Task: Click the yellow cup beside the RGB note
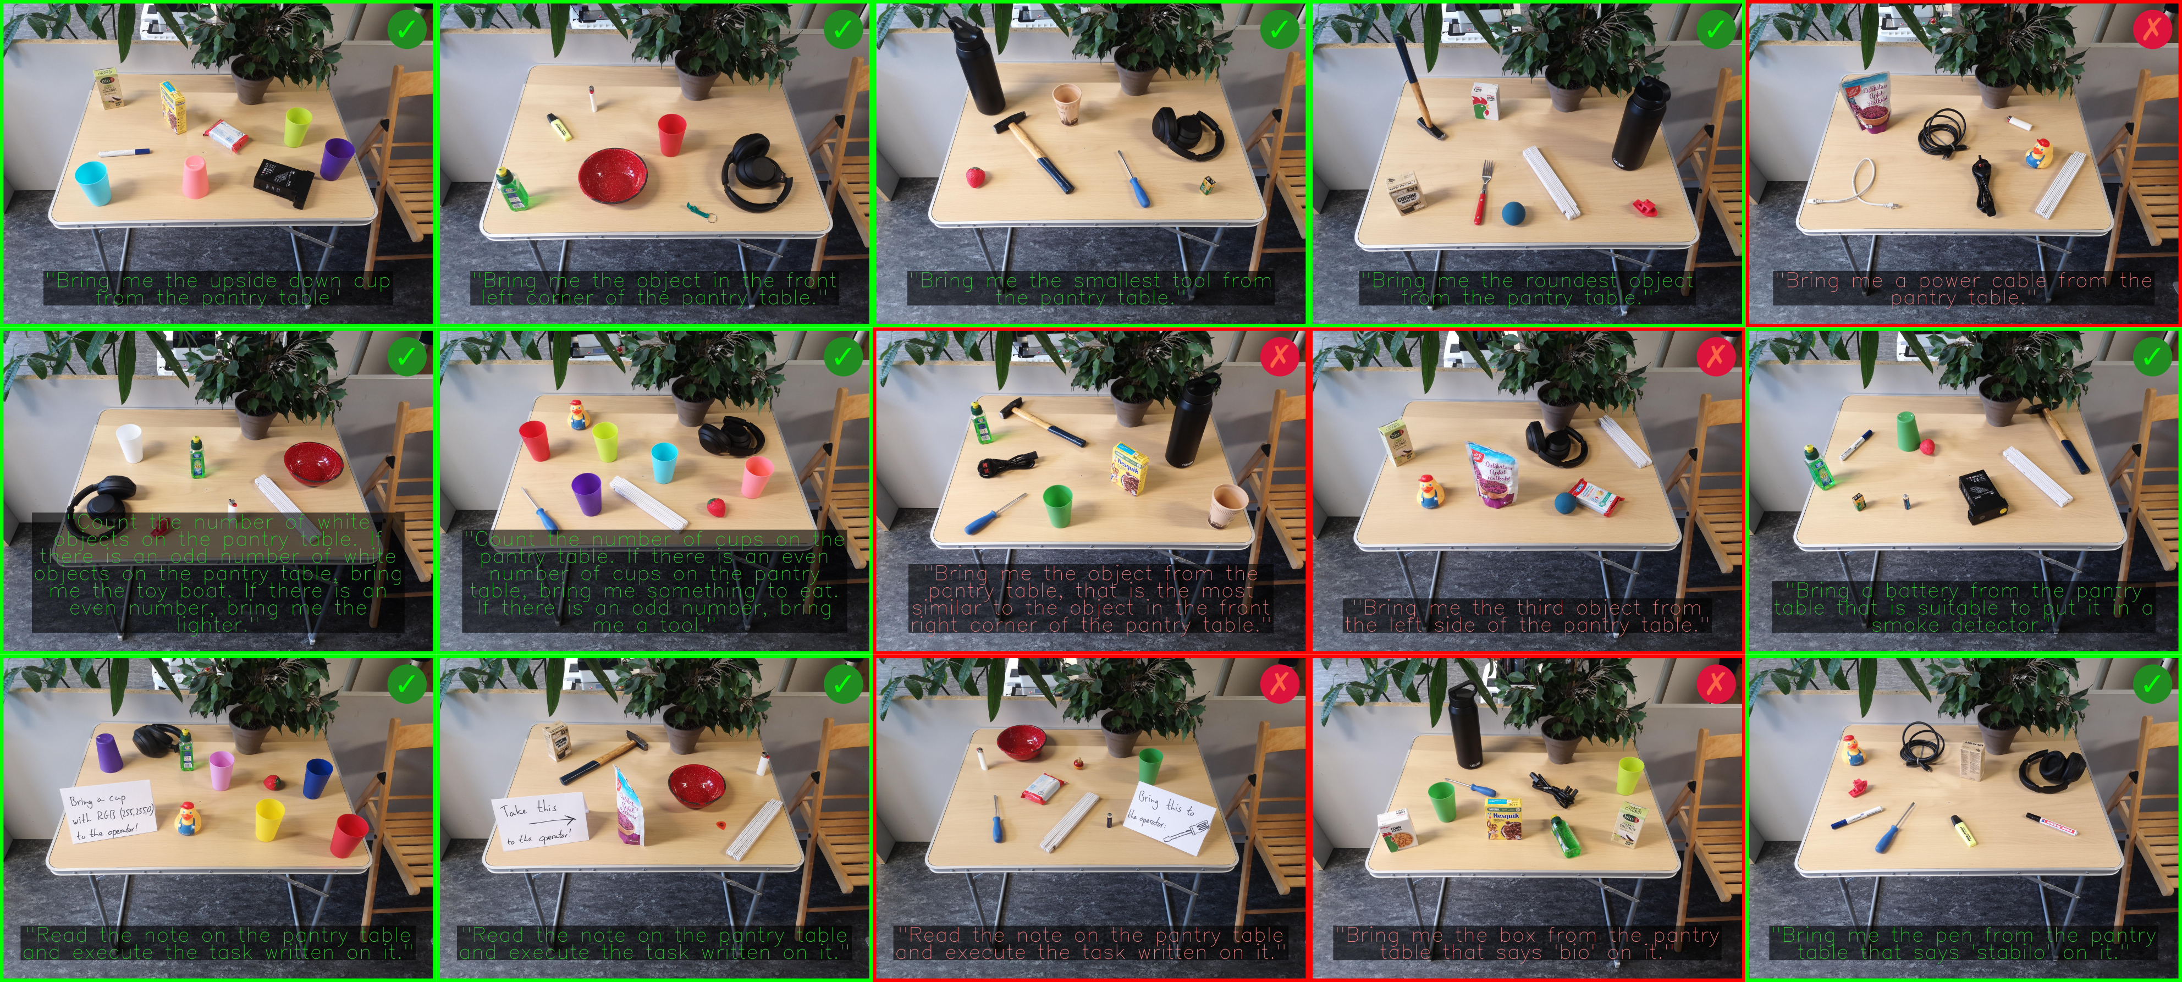coord(269,820)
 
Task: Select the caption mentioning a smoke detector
coord(1962,608)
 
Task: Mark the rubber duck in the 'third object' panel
coord(1428,492)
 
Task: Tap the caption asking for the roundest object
coord(1527,289)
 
